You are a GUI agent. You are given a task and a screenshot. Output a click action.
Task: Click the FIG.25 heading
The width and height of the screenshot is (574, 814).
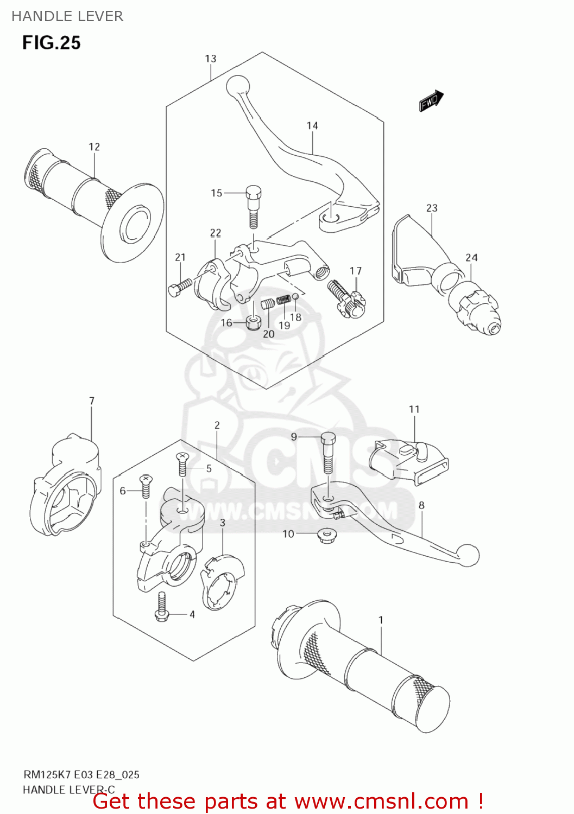[51, 43]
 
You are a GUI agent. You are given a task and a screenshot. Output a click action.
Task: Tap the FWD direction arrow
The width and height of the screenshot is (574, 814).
[431, 100]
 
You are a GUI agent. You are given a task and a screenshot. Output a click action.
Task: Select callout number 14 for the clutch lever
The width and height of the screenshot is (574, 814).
[312, 126]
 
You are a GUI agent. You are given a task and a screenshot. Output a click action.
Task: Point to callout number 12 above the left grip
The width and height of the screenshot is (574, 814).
[94, 147]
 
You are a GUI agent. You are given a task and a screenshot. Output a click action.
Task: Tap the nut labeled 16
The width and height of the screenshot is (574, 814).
[252, 322]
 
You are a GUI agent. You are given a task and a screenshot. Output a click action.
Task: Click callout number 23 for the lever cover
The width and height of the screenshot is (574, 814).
[432, 208]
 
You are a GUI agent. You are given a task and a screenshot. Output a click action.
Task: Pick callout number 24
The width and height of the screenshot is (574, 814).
[471, 258]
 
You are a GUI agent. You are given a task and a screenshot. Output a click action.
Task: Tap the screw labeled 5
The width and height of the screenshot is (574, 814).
[182, 464]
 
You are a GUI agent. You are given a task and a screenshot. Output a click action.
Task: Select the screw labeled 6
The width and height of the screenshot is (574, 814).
[146, 485]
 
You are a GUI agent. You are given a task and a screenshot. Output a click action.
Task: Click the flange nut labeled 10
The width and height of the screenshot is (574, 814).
[326, 536]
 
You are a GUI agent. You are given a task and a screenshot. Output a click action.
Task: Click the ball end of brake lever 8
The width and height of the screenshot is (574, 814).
[468, 555]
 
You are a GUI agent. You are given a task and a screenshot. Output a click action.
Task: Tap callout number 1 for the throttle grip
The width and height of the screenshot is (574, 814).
[381, 620]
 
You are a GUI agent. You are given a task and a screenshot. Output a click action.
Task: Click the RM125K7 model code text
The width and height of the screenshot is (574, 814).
[47, 774]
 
